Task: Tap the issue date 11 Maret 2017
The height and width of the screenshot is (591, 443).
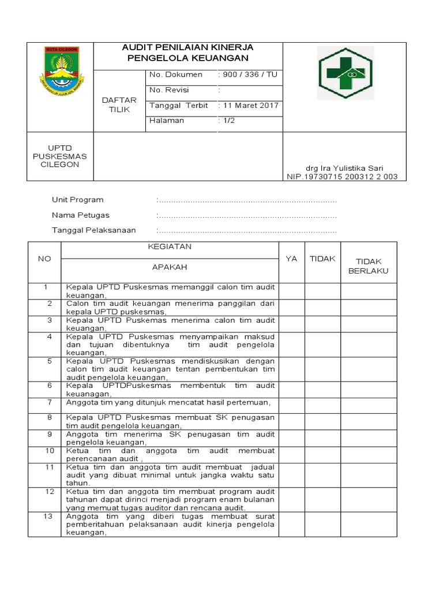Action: tap(249, 106)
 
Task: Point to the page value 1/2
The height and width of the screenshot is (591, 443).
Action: tap(227, 121)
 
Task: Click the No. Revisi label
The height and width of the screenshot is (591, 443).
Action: tap(169, 91)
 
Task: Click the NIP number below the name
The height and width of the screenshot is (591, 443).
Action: tap(342, 177)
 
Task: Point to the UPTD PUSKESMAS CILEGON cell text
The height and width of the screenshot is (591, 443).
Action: tap(60, 156)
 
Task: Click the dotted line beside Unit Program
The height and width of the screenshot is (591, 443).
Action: tap(247, 201)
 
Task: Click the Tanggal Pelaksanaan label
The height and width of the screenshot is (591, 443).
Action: tap(94, 230)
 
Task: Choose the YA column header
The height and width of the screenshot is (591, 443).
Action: tap(292, 259)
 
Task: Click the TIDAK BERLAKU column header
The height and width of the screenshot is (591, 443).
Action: tap(369, 266)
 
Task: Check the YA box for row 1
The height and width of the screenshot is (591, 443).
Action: tap(292, 291)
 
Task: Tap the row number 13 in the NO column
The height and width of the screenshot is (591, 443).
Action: tap(49, 517)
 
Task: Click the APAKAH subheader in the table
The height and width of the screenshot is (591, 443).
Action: tap(170, 267)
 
